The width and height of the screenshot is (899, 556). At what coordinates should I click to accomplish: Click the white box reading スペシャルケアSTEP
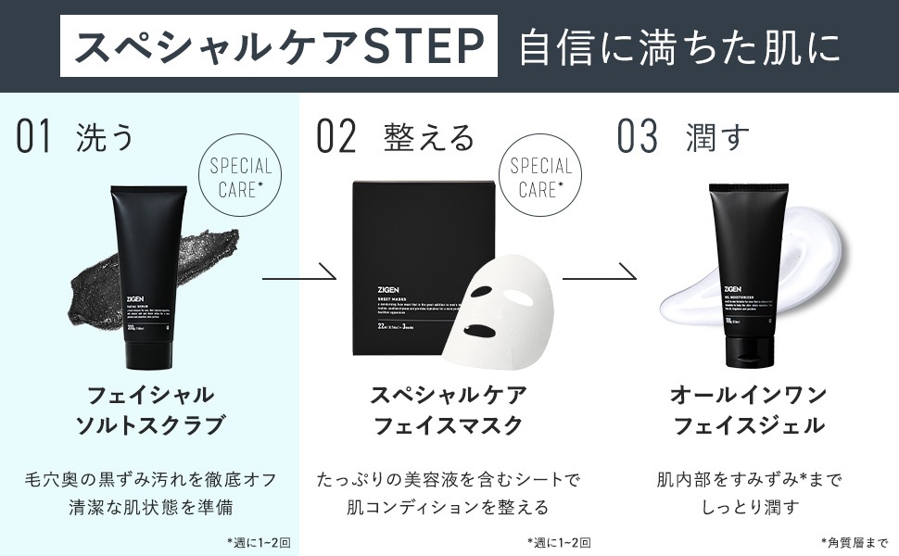pyautogui.click(x=278, y=46)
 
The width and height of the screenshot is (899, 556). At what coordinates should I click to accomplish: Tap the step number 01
pyautogui.click(x=33, y=137)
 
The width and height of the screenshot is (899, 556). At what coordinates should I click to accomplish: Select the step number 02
pyautogui.click(x=336, y=137)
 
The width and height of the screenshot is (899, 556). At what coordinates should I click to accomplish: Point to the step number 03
pyautogui.click(x=638, y=137)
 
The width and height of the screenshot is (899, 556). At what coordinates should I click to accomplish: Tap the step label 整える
pyautogui.click(x=428, y=137)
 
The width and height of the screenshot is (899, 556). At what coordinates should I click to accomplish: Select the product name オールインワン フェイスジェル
pyautogui.click(x=748, y=410)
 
